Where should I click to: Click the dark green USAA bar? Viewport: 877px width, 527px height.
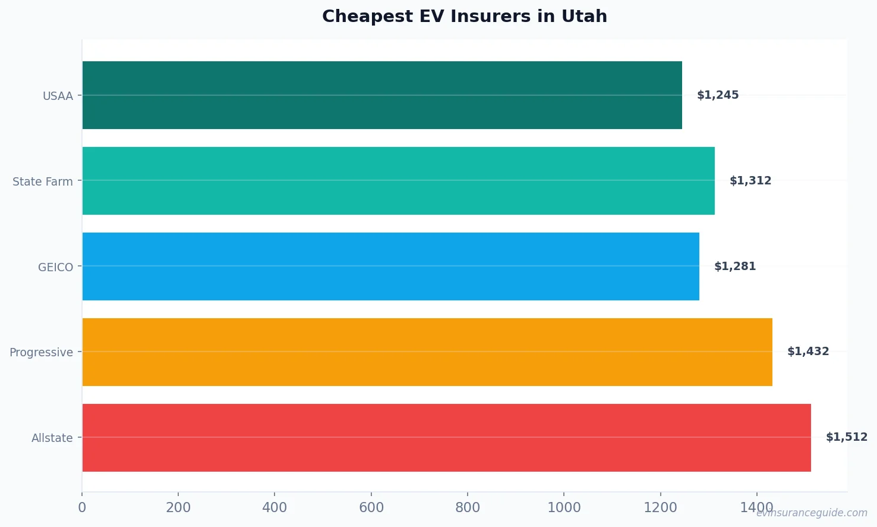pyautogui.click(x=381, y=95)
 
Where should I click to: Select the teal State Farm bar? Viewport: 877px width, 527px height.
pyautogui.click(x=398, y=181)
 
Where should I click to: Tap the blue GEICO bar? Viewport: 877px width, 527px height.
pyautogui.click(x=390, y=266)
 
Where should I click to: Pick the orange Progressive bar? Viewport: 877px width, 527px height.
pyautogui.click(x=427, y=352)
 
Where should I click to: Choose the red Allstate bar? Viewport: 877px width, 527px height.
pyautogui.click(x=446, y=438)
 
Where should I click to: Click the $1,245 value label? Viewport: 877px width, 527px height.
pyautogui.click(x=718, y=95)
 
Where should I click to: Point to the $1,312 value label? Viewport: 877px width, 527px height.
pyautogui.click(x=750, y=181)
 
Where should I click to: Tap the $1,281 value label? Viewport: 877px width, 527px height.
pyautogui.click(x=735, y=266)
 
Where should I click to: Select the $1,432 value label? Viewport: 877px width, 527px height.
pyautogui.click(x=808, y=352)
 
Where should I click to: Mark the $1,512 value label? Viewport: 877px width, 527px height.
pyautogui.click(x=847, y=437)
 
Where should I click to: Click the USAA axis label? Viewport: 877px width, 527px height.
pyautogui.click(x=58, y=96)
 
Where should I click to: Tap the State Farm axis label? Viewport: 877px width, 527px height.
pyautogui.click(x=43, y=181)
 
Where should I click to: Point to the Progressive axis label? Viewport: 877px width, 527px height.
pyautogui.click(x=41, y=353)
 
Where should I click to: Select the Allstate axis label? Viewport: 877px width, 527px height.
pyautogui.click(x=52, y=438)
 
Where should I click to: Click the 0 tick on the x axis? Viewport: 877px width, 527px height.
pyautogui.click(x=82, y=507)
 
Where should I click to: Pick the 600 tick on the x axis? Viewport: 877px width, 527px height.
pyautogui.click(x=371, y=507)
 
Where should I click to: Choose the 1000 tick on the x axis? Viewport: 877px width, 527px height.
pyautogui.click(x=564, y=507)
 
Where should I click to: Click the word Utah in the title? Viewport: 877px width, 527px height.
pyautogui.click(x=585, y=16)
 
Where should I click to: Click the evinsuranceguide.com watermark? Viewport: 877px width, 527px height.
pyautogui.click(x=812, y=513)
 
